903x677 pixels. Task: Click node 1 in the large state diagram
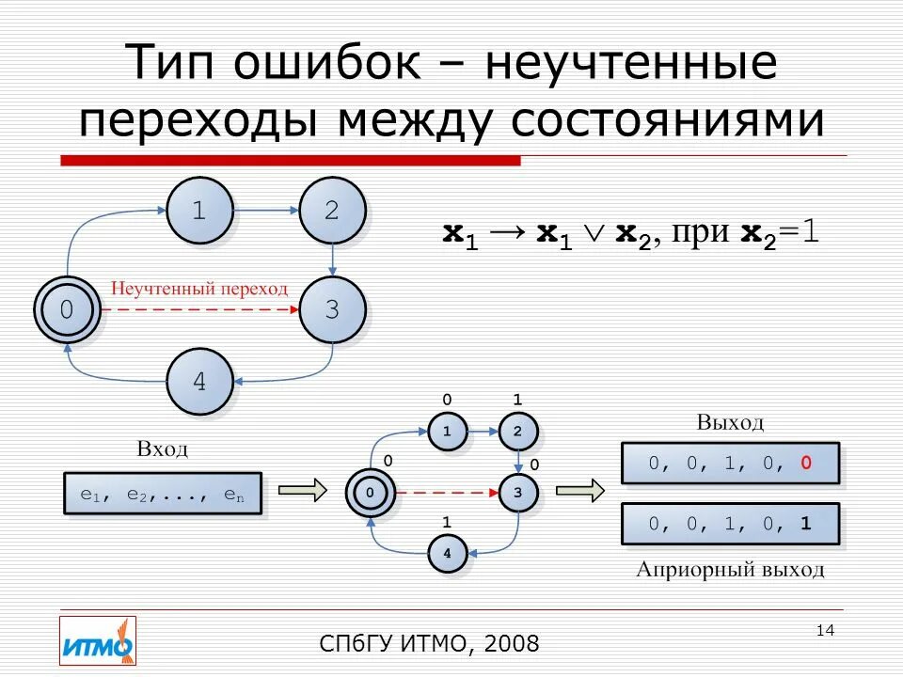tap(199, 212)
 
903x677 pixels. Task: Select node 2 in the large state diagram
tap(331, 212)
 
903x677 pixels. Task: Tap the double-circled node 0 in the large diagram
tap(67, 309)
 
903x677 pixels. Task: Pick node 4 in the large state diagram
tap(199, 382)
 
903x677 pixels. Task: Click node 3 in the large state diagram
tap(331, 309)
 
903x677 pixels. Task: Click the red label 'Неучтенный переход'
tap(200, 289)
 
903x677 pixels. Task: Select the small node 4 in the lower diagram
tap(447, 554)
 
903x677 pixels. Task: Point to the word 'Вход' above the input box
tap(163, 449)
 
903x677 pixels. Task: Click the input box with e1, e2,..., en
tap(163, 494)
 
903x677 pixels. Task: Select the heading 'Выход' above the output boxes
tap(730, 422)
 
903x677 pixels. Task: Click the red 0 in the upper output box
tap(806, 463)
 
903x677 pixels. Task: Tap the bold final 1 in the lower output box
tap(806, 525)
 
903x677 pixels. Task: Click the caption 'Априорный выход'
tap(730, 569)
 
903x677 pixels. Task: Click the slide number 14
tap(825, 630)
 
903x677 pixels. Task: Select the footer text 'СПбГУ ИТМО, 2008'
tap(430, 644)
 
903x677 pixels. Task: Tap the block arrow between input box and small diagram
tap(301, 490)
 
